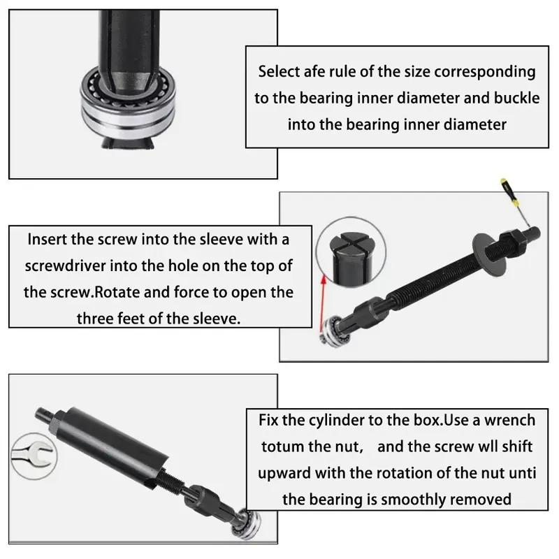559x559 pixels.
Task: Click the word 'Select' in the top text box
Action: [281, 71]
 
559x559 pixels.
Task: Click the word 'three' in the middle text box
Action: [100, 318]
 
